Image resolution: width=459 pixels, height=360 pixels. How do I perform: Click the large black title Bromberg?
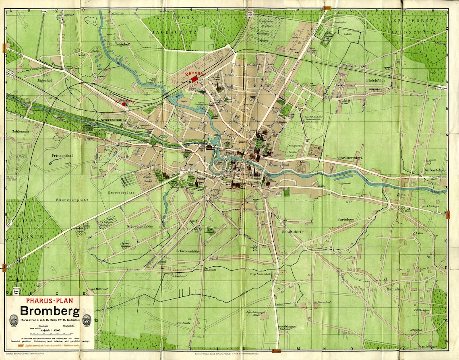tap(50, 311)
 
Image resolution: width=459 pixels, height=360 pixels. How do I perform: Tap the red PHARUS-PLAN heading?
tap(50, 300)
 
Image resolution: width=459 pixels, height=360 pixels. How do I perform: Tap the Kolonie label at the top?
tap(118, 13)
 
